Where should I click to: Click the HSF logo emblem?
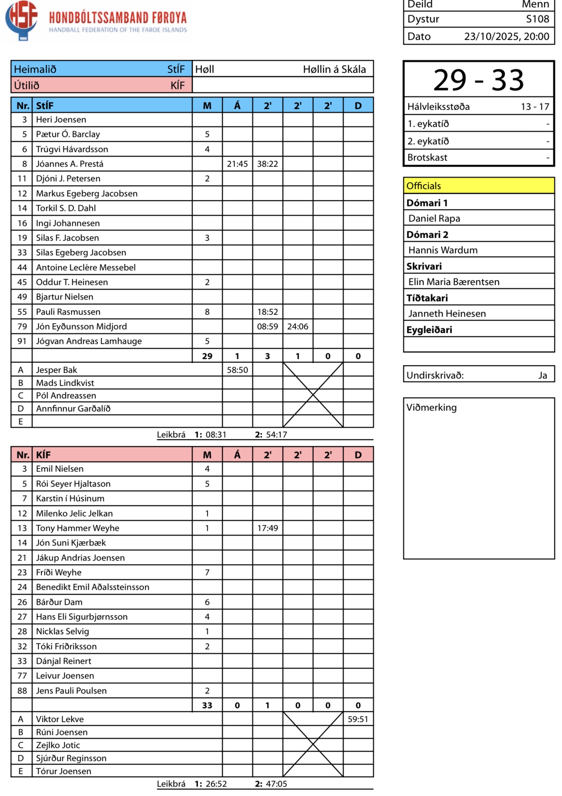(22, 20)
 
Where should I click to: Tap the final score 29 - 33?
(478, 80)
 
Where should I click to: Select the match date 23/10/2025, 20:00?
(506, 37)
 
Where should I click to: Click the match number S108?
(537, 19)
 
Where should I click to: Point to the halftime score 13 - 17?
(535, 107)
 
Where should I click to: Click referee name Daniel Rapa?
(434, 219)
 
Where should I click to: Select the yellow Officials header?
(478, 186)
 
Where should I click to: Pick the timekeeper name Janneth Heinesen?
(447, 314)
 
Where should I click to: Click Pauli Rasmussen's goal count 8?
(207, 312)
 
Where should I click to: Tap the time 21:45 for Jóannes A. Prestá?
(237, 164)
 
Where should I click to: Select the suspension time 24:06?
(298, 327)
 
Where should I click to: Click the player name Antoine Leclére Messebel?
(86, 268)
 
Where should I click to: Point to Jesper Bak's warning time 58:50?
(237, 370)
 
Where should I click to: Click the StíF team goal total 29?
(207, 357)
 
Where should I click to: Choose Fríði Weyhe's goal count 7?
(207, 573)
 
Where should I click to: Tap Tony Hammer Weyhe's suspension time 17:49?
(267, 528)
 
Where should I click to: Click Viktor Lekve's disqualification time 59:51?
(358, 720)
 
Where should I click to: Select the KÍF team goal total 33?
(207, 706)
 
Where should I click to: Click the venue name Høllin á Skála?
(334, 70)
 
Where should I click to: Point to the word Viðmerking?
(432, 408)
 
